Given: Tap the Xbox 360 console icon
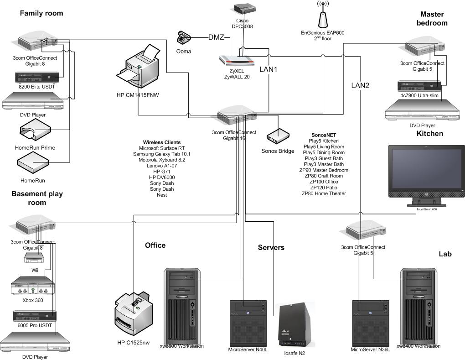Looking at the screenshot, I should point(33,288).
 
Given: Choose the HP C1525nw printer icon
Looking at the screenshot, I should point(133,313).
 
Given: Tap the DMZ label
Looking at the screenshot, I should point(216,37).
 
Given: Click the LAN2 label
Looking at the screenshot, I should point(360,85).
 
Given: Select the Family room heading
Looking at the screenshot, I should point(41,14).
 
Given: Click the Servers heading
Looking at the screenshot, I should point(271,247).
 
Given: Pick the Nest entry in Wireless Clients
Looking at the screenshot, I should point(161,195).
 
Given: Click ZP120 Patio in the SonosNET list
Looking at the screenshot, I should point(324,188).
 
